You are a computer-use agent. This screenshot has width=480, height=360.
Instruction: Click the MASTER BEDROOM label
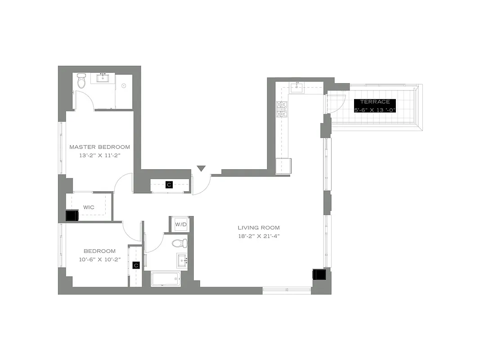point(99,147)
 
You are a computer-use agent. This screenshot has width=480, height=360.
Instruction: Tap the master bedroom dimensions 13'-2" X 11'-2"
point(99,155)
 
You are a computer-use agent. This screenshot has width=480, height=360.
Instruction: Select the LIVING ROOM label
point(259,228)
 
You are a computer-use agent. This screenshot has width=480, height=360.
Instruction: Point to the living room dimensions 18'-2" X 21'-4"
point(259,236)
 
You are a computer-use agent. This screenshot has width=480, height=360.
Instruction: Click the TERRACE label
point(375,102)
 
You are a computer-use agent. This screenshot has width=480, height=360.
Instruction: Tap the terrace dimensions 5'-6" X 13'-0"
point(375,109)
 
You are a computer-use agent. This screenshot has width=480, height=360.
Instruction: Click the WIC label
point(89,207)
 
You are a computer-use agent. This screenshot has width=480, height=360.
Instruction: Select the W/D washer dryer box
point(180,224)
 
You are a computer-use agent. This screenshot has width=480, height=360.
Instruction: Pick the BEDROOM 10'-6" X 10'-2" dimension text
point(99,259)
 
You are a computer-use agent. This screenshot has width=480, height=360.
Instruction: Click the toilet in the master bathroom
point(81,81)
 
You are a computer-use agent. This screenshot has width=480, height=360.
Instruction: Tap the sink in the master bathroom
point(103,78)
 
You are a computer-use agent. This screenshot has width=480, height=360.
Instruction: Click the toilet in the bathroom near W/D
point(179,243)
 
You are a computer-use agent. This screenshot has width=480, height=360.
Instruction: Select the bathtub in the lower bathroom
point(166,279)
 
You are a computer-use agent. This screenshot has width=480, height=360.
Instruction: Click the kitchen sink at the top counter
point(296,87)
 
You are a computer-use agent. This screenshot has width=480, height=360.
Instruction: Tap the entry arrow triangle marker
point(201,169)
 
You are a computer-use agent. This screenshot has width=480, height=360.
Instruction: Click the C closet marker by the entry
point(169,184)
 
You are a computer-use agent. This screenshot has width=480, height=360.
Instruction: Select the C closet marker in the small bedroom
point(136,265)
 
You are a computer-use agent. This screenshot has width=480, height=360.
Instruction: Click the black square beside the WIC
point(72,216)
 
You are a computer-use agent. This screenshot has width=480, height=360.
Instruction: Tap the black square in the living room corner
point(319,274)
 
